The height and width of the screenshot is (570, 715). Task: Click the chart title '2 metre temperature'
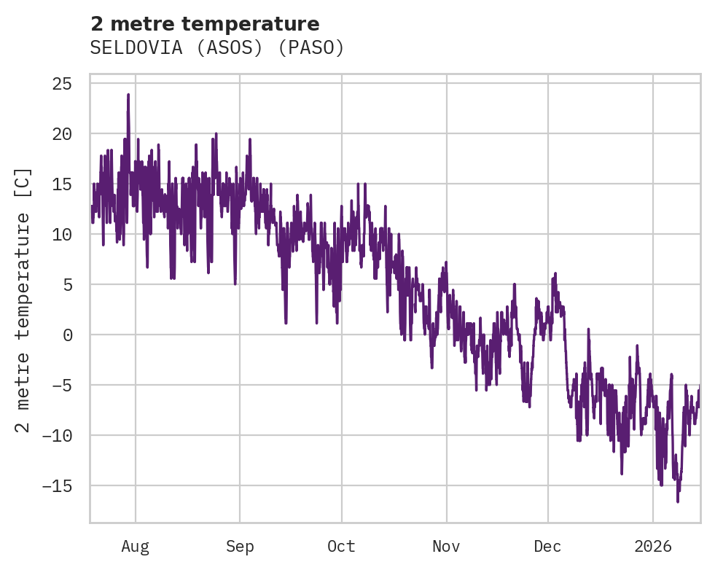click(x=205, y=24)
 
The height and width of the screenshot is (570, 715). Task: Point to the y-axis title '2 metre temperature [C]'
click(x=23, y=300)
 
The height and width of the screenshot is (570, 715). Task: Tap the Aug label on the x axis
click(x=136, y=547)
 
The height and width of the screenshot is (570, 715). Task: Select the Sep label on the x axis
click(x=240, y=547)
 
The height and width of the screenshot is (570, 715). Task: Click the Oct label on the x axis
click(x=341, y=547)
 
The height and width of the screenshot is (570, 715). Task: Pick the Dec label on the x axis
click(x=547, y=547)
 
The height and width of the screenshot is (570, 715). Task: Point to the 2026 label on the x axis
click(x=653, y=547)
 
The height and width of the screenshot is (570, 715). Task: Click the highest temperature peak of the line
click(x=128, y=95)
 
